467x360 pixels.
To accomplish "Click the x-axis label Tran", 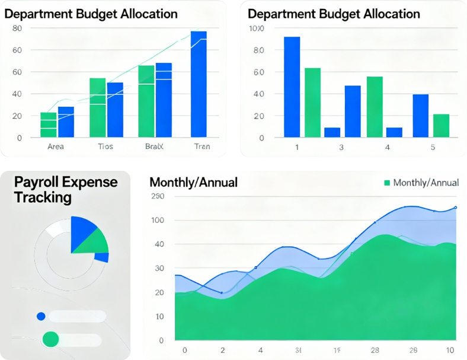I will point(201,146).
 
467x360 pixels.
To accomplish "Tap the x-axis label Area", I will point(55,146).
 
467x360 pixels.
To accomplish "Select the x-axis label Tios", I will point(105,146).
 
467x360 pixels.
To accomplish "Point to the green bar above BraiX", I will point(146,101).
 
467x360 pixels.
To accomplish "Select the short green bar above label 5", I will point(441,126).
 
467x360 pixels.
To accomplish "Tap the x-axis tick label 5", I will point(433,146).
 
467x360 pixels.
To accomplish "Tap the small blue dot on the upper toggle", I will point(41,317).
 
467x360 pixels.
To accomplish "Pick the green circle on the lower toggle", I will point(51,339).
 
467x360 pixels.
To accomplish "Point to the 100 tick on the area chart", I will point(158,221).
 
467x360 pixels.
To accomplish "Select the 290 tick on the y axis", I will point(157,196).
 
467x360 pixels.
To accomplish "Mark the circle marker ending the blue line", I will point(455,208).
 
